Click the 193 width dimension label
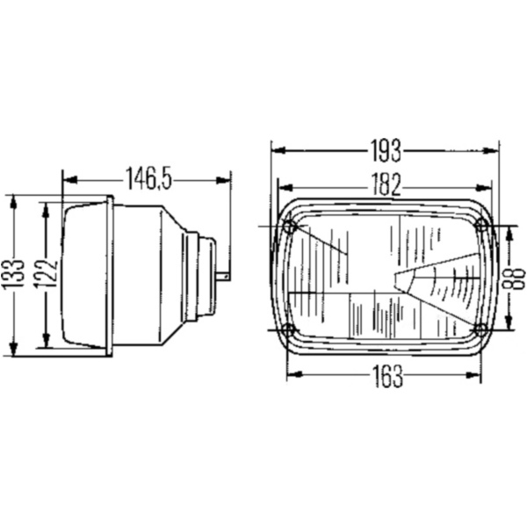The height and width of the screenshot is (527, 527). (386, 151)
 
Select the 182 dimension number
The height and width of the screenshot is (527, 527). (386, 184)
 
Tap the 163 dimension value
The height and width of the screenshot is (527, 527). (387, 376)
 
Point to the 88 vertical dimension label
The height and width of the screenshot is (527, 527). (513, 278)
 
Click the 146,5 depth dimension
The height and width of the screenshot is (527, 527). (148, 179)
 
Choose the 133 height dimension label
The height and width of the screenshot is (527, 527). (13, 273)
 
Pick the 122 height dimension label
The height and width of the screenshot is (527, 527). (46, 274)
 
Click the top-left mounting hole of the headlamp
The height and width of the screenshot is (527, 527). (289, 227)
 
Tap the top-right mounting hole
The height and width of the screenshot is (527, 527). (482, 225)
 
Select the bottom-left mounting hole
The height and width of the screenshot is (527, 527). (288, 329)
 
